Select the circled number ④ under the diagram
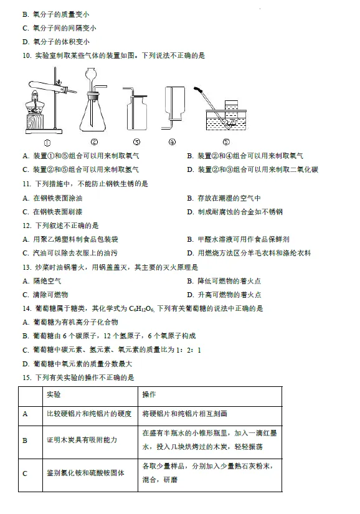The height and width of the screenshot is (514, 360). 173,141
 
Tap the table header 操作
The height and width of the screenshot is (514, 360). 149,395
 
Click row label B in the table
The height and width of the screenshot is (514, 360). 25,440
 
